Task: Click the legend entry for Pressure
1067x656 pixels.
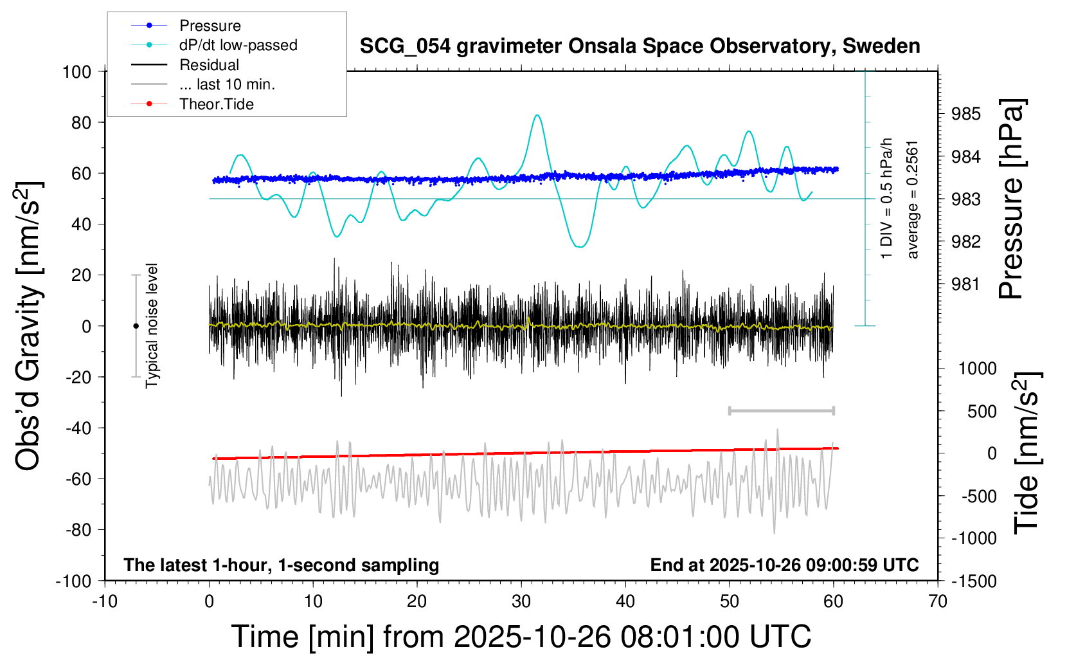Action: tap(210, 26)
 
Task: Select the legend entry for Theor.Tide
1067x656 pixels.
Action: tap(216, 104)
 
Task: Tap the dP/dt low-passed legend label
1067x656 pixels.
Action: tap(238, 45)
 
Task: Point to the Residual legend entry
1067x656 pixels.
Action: tap(209, 65)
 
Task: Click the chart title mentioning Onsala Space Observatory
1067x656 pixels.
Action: tap(640, 46)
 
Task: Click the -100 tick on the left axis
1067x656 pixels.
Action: tap(74, 581)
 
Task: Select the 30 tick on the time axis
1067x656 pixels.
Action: tap(521, 602)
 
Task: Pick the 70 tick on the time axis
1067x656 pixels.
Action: tap(938, 602)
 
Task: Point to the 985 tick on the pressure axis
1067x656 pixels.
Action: tap(966, 114)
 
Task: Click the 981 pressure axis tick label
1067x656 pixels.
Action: tap(966, 284)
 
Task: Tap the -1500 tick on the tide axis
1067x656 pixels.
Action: tap(974, 581)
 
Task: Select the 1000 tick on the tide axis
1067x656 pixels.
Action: tap(977, 369)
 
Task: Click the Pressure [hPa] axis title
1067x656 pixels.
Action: tap(1012, 199)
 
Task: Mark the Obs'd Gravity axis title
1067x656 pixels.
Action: tap(29, 326)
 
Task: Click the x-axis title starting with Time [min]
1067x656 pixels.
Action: tap(521, 637)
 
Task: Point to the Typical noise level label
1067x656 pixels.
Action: tap(152, 325)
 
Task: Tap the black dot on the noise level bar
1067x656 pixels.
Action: tap(136, 326)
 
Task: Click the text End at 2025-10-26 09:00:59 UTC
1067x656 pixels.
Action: tap(784, 565)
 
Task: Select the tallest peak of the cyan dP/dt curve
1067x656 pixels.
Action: tap(537, 116)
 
